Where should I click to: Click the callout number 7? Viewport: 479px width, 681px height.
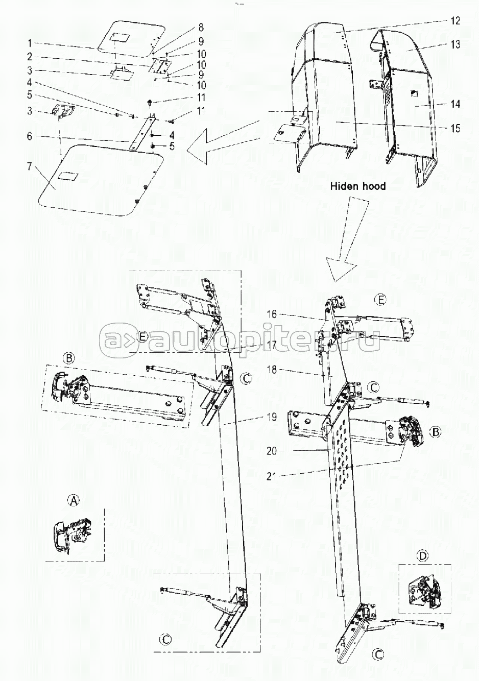tap(30, 166)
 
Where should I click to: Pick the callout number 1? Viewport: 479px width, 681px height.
tap(30, 43)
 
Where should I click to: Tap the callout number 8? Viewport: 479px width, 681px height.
tap(201, 28)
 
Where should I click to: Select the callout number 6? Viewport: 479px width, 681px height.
tap(30, 136)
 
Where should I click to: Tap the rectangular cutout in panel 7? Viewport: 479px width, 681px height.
tap(68, 176)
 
